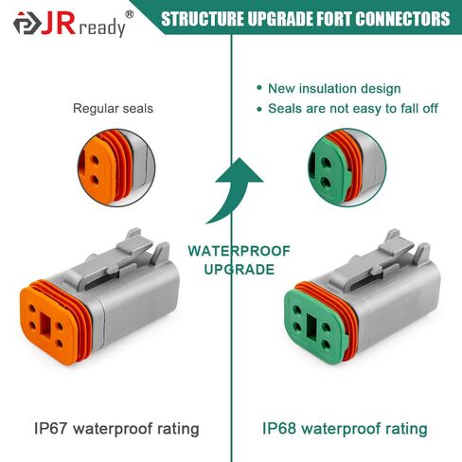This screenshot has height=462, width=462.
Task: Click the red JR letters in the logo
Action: pyautogui.click(x=59, y=24)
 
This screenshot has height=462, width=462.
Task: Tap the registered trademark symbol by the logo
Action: pyautogui.click(x=130, y=14)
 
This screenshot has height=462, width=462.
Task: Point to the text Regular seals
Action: pyautogui.click(x=113, y=109)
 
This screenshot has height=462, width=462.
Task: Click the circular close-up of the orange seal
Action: pyautogui.click(x=116, y=168)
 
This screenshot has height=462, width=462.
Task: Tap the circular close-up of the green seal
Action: pyautogui.click(x=346, y=168)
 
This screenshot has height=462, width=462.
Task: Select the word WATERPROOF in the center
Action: pyautogui.click(x=240, y=251)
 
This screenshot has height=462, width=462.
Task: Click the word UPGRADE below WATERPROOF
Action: pyautogui.click(x=240, y=270)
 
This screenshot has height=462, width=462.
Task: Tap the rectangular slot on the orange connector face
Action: pyautogui.click(x=46, y=325)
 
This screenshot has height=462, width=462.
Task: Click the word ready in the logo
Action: pyautogui.click(x=101, y=27)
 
